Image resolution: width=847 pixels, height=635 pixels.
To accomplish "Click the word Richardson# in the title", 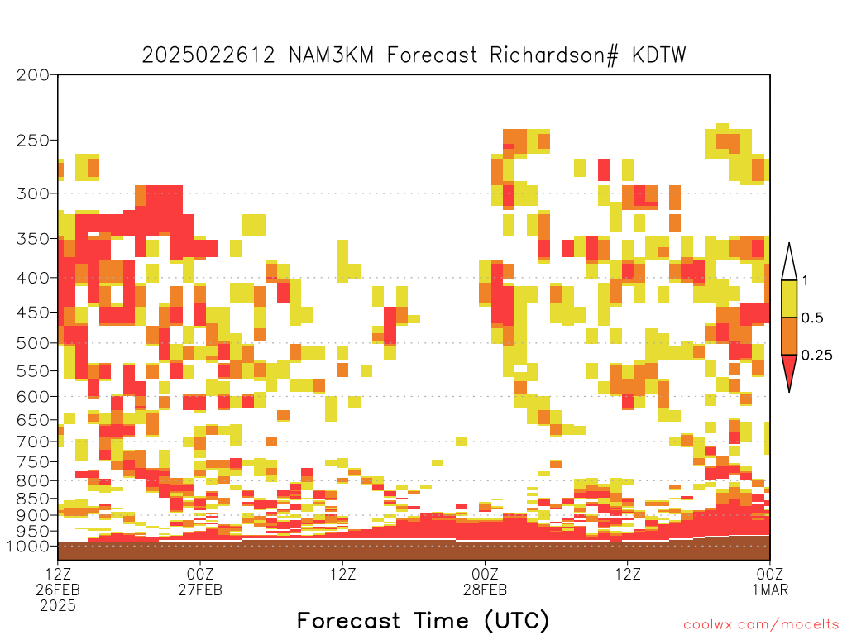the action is [553, 55].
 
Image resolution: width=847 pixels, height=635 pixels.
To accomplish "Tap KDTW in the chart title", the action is [659, 55].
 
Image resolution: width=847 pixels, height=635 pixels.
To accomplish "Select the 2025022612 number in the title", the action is [208, 55].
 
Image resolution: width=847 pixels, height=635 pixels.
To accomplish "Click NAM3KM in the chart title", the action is [331, 55].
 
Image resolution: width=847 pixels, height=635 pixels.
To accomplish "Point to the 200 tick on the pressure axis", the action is [33, 75].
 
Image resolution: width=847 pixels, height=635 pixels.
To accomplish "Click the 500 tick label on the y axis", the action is [33, 343].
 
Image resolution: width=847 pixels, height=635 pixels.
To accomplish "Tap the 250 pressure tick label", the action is [33, 141].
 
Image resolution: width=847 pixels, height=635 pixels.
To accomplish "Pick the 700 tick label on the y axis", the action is [33, 442].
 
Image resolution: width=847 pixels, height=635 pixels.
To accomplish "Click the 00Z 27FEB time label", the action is [200, 581].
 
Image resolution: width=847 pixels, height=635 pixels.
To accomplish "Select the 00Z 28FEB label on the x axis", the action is [485, 581].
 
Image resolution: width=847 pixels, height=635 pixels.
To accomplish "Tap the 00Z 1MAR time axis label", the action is [770, 581].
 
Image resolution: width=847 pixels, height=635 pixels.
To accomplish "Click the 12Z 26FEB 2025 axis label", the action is [58, 590].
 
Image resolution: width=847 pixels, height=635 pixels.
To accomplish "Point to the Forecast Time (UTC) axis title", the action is [423, 620].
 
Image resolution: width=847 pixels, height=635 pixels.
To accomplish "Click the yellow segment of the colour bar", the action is [789, 298].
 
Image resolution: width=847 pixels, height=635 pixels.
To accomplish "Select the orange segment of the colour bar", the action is [789, 336].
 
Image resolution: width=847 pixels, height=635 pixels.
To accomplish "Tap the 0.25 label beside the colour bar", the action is [816, 356].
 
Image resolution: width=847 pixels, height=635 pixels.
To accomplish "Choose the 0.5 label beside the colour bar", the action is [812, 318].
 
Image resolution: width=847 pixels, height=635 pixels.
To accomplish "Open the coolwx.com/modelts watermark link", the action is [761, 625].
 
